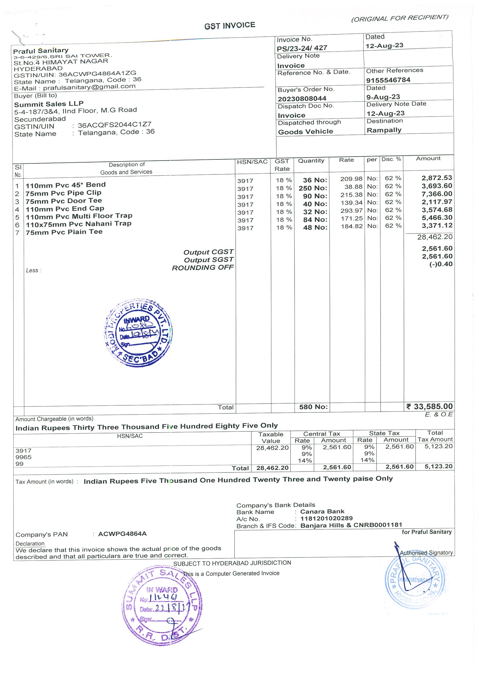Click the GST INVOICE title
coord(230,26)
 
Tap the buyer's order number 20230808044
coord(302,98)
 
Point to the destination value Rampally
coord(384,130)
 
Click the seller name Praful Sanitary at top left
coord(41,51)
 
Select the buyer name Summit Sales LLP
coord(49,104)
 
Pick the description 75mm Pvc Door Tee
coord(63,201)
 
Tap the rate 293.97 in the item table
coord(351,211)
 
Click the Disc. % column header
coord(391,159)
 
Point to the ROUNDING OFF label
coord(203,268)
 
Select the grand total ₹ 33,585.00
coord(429,406)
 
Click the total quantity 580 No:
coord(313,407)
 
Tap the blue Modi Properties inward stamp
coord(138,333)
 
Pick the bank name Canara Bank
coord(322,512)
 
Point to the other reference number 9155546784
coord(388,80)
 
